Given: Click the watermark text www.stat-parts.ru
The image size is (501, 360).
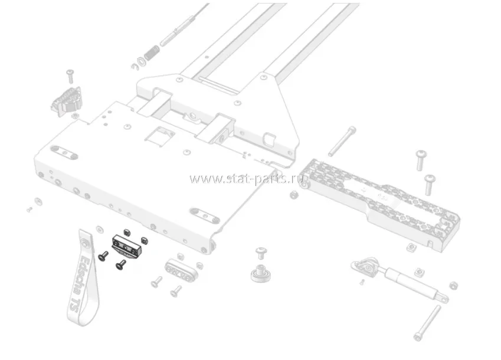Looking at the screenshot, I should (248, 178).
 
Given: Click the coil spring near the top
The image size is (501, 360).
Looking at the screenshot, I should (151, 54).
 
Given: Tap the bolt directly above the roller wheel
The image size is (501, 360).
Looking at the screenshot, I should (260, 254).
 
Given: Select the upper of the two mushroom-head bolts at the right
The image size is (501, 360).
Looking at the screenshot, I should (421, 158).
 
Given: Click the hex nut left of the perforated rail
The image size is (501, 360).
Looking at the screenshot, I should (293, 194).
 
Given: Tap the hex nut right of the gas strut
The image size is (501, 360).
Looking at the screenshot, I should (453, 286).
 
